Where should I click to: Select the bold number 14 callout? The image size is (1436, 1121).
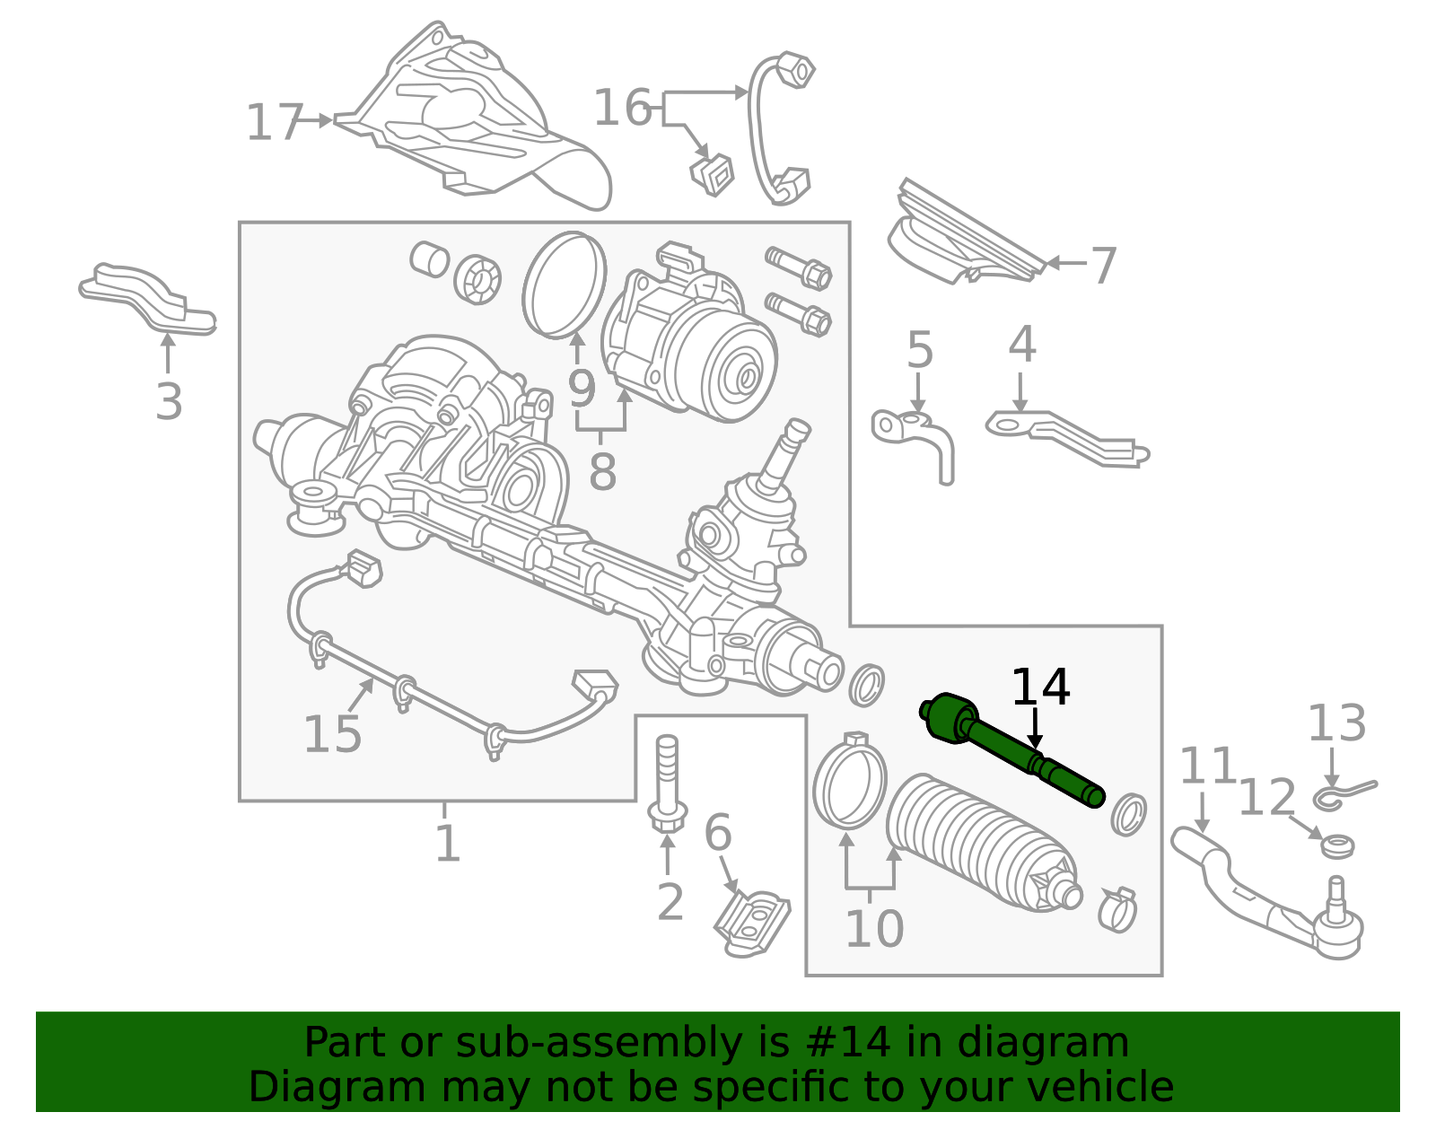point(1040,688)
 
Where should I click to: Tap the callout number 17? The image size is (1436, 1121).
point(274,123)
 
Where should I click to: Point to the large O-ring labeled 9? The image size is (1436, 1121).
point(565,285)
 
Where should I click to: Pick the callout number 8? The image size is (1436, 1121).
point(602,471)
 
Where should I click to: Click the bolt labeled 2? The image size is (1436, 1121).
point(667,785)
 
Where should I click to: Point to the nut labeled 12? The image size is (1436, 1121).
point(1338,845)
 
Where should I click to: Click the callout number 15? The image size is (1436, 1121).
point(332,735)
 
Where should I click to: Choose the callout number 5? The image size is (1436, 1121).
point(920,350)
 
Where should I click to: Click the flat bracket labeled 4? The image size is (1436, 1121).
point(1068,437)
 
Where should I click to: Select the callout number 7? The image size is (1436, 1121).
point(1103,266)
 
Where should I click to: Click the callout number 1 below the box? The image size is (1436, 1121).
point(446,844)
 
